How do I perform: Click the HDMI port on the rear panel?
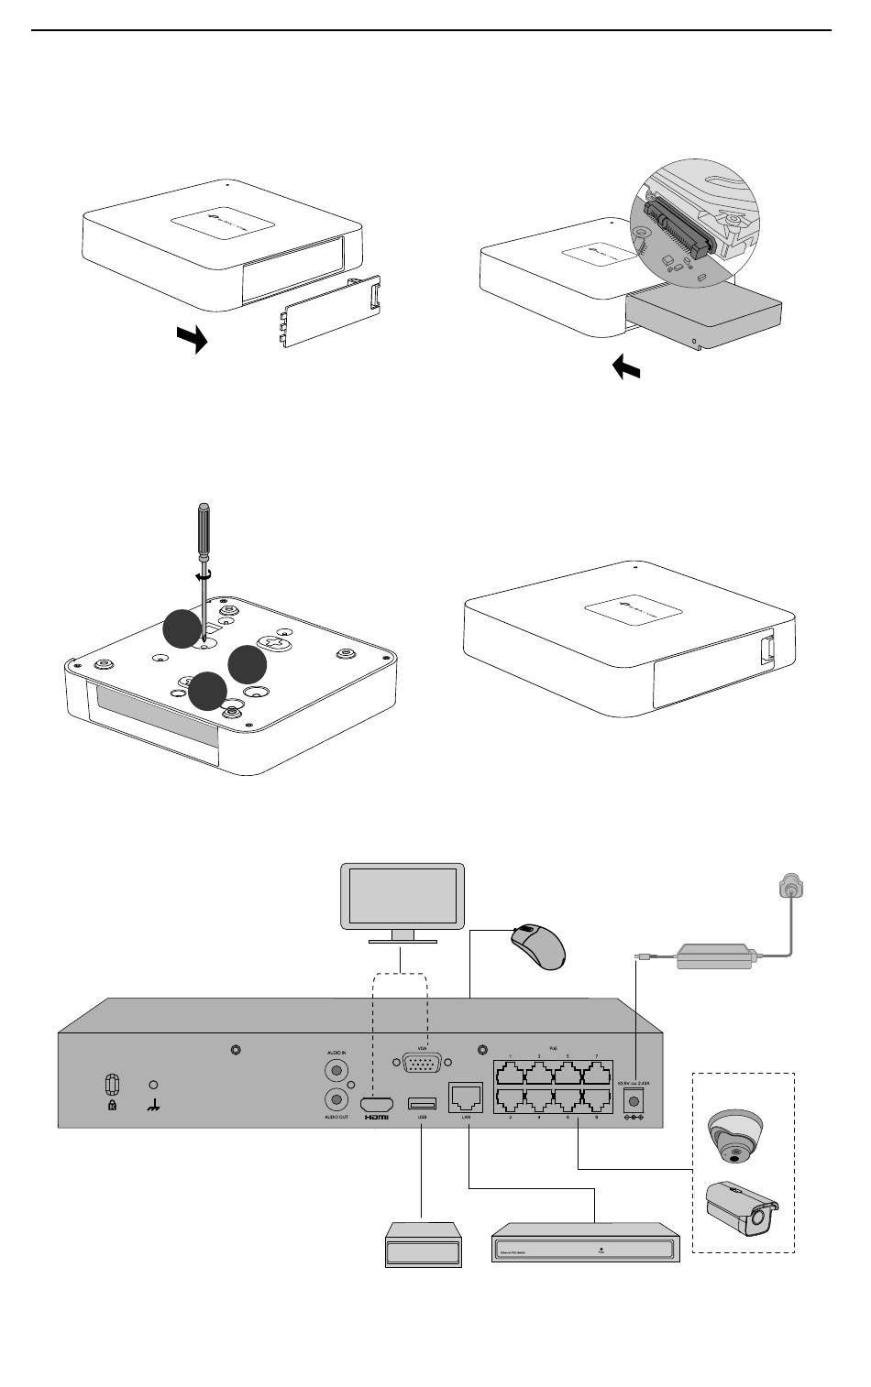tap(376, 1103)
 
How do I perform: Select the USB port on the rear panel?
tap(422, 1101)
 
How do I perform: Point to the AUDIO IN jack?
tap(336, 1068)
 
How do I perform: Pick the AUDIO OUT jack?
tap(336, 1100)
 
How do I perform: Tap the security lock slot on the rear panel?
tap(112, 1085)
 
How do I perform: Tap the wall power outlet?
tap(789, 887)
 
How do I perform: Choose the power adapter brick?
tap(715, 956)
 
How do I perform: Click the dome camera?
tap(734, 1134)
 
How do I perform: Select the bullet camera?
tap(740, 1207)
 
